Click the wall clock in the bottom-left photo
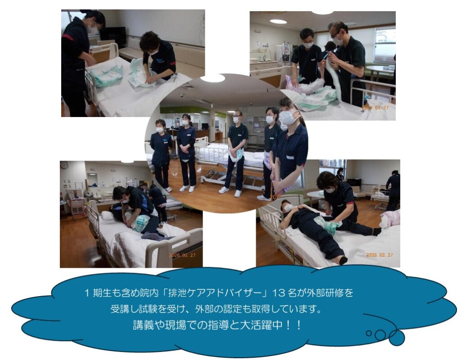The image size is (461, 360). tap(64, 165)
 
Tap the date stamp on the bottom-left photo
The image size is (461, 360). tap(182, 256)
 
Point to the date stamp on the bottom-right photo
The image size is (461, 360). tap(379, 255)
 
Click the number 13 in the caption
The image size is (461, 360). tap(278, 293)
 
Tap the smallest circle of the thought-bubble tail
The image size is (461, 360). tap(368, 333)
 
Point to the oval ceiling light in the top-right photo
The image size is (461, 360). tap(278, 22)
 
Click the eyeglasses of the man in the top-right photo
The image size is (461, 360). tap(335, 35)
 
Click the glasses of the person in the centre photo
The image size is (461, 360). tap(237, 116)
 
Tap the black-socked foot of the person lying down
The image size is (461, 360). tap(343, 260)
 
